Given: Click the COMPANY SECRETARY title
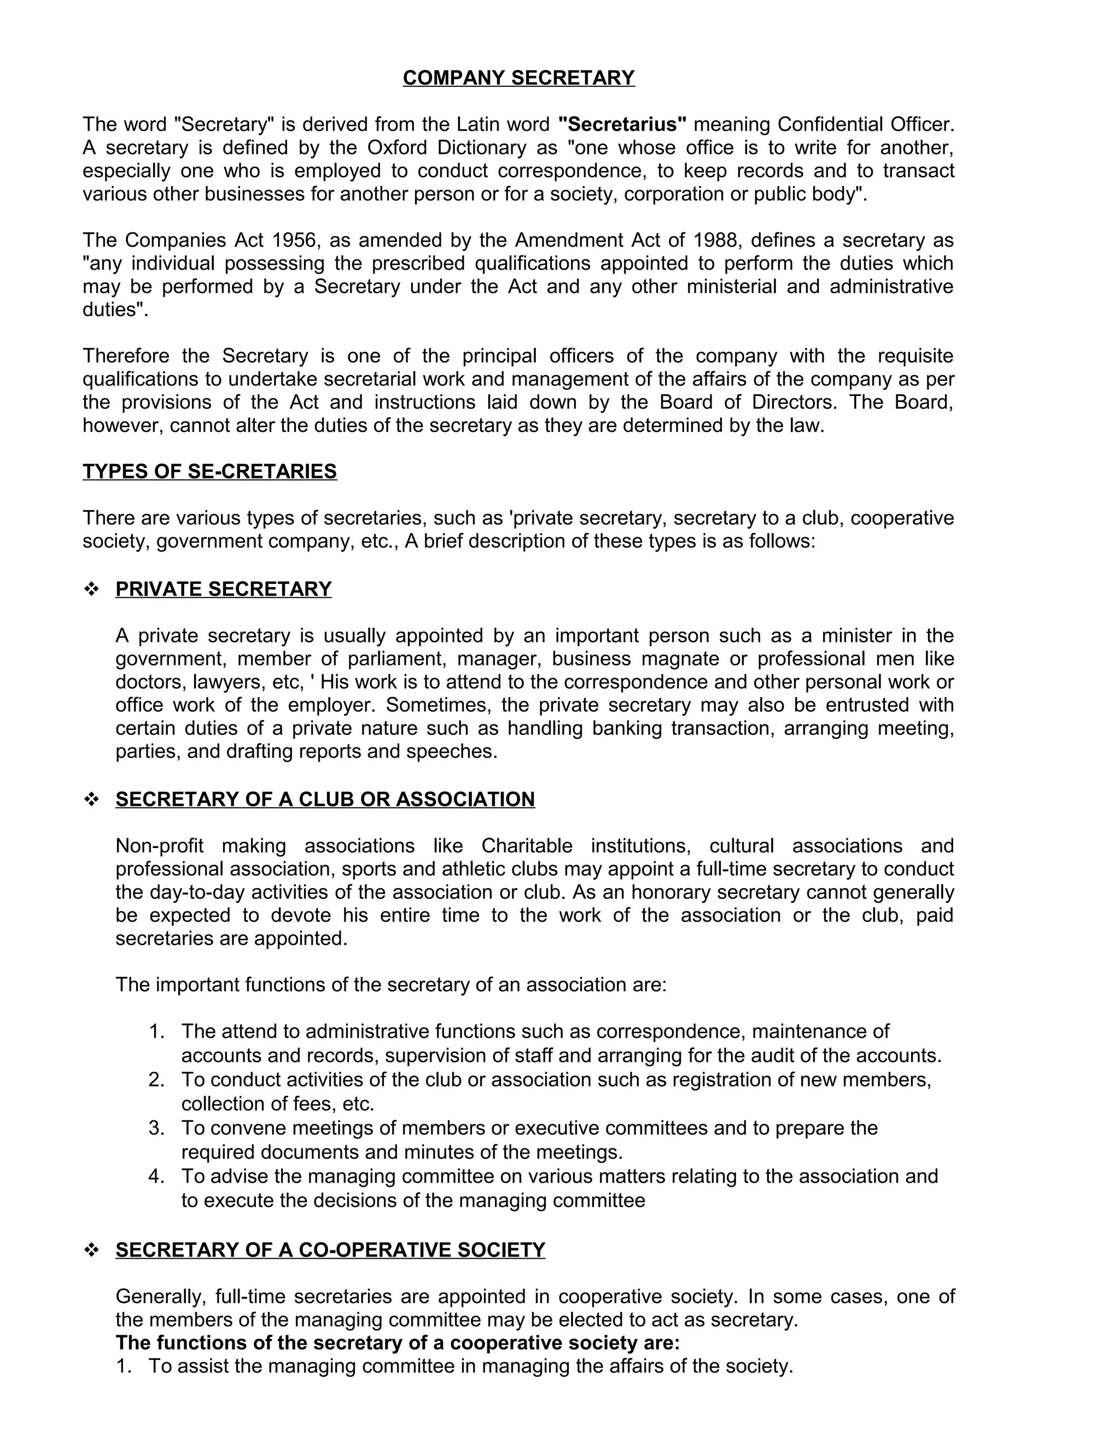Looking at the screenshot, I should tap(518, 78).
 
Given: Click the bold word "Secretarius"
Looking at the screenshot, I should tap(622, 124).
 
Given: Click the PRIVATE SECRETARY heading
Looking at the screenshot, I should tap(223, 588).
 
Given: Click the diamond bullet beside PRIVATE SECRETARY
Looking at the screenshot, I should tap(91, 589).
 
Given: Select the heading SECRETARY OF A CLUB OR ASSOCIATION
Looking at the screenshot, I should tap(325, 799).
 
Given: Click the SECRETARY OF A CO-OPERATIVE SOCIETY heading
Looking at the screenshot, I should tap(330, 1250).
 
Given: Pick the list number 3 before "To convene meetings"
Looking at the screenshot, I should tap(156, 1128).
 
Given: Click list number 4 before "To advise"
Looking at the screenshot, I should tap(156, 1176).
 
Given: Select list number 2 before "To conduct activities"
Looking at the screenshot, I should tap(156, 1079).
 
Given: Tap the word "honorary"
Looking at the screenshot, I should tap(675, 892).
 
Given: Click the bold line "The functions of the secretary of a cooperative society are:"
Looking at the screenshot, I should tap(398, 1343).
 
